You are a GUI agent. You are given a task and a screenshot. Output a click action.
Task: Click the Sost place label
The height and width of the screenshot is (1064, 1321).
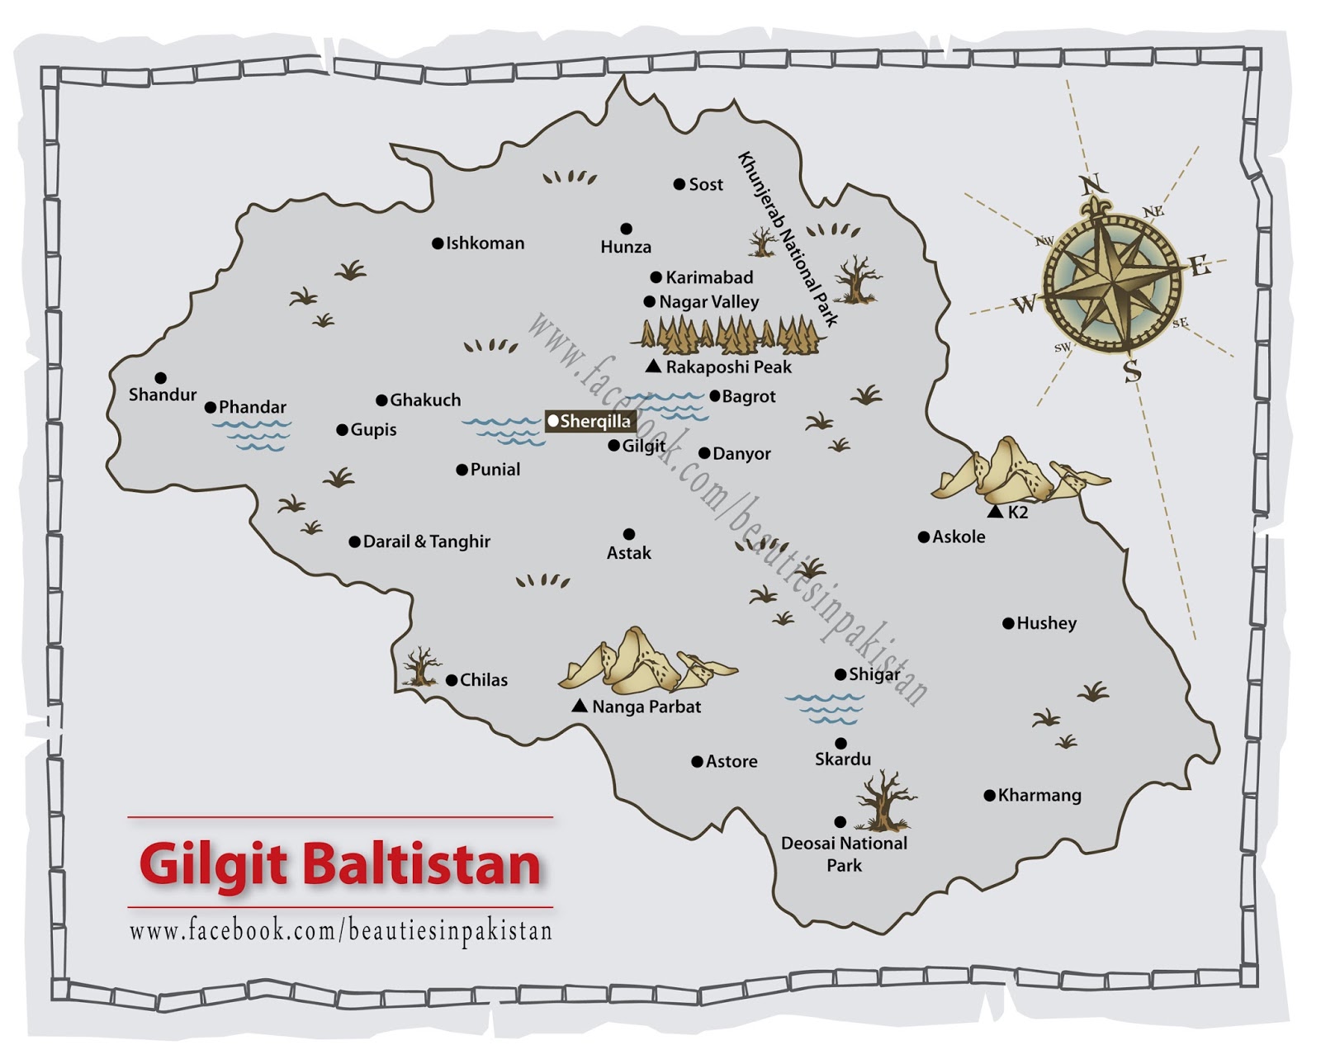coord(706,185)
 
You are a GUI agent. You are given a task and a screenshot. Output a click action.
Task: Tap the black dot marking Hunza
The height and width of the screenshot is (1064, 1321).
coord(627,229)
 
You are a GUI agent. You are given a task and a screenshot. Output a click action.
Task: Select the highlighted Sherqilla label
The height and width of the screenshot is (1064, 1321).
coord(590,422)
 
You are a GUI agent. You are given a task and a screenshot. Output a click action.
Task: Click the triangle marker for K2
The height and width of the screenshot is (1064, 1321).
coord(995,513)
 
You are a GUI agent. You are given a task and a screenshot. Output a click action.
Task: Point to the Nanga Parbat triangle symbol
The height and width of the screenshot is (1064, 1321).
coord(580,706)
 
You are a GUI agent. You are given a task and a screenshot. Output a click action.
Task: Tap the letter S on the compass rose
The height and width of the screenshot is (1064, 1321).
coord(1132,372)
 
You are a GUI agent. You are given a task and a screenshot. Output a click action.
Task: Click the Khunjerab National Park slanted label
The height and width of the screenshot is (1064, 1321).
coord(788,239)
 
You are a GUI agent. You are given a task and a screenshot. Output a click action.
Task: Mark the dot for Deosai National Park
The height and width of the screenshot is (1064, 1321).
coord(840,822)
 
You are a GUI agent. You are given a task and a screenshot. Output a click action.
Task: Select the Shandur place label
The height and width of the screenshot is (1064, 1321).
coord(163,395)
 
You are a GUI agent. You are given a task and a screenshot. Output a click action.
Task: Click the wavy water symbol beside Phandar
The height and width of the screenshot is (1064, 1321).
coord(251,435)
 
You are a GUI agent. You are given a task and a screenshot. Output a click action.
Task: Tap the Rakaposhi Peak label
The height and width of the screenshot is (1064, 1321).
coord(728,366)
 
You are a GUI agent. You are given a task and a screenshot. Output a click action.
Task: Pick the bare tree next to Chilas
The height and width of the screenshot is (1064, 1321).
coord(421,667)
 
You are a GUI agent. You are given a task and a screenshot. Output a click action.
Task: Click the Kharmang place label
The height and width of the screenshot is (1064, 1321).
coord(1039,796)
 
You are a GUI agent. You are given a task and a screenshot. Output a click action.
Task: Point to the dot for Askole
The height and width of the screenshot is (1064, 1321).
coord(923,537)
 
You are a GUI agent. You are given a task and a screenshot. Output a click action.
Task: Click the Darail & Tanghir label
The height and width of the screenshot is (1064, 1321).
coord(426,541)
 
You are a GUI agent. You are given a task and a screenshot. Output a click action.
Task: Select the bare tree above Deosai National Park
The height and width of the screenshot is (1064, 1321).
coord(884,800)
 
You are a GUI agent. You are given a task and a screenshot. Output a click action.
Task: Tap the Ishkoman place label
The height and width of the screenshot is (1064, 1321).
coord(485,244)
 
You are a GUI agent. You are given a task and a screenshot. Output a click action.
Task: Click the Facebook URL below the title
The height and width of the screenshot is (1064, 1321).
coord(340,932)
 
